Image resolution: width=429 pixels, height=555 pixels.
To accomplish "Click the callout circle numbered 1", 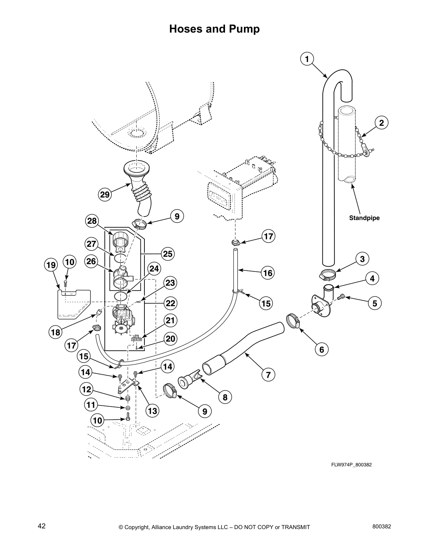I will tap(307, 59).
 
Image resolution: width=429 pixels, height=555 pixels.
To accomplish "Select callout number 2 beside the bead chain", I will tap(381, 123).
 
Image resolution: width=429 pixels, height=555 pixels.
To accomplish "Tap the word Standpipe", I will tap(364, 218).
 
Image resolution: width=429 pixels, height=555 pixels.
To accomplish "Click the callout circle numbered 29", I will tap(105, 194).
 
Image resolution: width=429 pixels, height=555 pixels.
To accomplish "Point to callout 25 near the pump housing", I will tap(168, 254).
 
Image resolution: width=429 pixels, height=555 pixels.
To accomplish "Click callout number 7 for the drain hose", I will tap(268, 375).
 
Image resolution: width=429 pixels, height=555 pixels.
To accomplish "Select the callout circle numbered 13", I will tap(153, 410).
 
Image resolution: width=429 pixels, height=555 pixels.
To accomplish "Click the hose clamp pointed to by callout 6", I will tap(293, 320).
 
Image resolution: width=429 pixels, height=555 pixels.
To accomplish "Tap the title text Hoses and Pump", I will tap(214, 29).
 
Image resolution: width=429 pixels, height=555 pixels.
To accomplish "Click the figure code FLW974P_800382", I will tap(351, 465).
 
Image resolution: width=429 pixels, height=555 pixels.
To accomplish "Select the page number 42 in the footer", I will tap(42, 526).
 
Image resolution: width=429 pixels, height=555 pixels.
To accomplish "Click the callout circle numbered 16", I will tap(268, 273).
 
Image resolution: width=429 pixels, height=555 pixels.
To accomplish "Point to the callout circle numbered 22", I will tap(170, 303).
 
